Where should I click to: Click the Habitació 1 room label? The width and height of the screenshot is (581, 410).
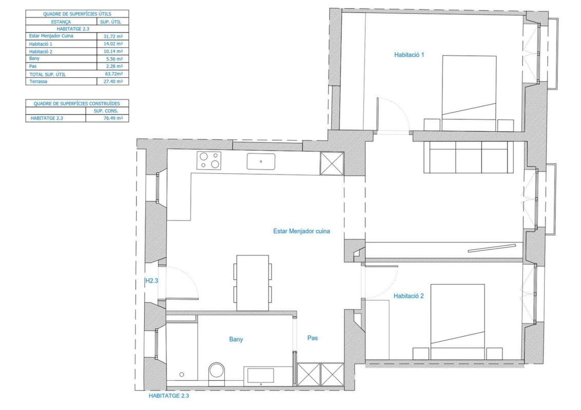coord(409,55)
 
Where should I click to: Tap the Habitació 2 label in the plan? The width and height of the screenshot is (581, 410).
coord(409,296)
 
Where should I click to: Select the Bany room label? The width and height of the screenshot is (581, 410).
coord(236,339)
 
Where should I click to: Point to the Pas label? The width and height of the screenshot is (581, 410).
coord(313,338)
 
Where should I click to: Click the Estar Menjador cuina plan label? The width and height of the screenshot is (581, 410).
coord(302,231)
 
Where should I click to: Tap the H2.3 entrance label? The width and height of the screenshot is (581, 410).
coord(151,281)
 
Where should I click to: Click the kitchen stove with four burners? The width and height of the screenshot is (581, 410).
coord(209,160)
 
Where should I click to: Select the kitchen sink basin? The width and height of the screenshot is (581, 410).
coord(261,161)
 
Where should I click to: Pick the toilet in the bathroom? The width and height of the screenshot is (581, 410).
coord(217,372)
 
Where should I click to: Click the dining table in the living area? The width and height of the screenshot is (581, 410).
coord(253,283)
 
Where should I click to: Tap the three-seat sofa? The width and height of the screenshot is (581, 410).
coord(469,157)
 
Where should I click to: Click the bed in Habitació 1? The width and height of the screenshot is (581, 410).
coord(469,93)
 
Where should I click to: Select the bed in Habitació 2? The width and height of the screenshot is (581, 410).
coord(458,321)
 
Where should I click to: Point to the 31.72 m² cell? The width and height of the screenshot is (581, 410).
coord(113,36)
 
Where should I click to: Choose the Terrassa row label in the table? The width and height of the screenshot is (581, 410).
coord(38,81)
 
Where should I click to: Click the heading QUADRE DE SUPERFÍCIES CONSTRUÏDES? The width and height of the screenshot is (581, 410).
coord(76,104)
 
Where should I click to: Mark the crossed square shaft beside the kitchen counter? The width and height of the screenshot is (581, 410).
coord(332,163)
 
